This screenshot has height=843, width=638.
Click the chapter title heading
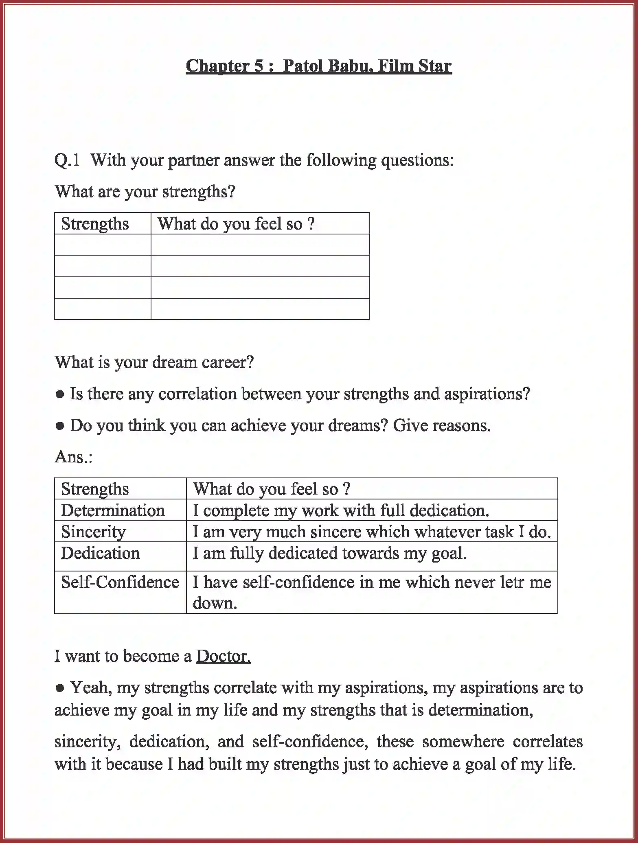pos(318,66)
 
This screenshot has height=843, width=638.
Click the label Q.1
pos(67,160)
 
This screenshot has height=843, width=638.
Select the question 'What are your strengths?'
pos(145,191)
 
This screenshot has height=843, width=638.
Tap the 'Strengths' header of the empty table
pos(94,224)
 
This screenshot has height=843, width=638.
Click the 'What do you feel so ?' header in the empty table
pos(236,224)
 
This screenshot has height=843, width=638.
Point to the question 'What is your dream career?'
pos(154,362)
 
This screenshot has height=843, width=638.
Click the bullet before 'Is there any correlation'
pos(60,394)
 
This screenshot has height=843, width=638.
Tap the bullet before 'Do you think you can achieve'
pos(60,426)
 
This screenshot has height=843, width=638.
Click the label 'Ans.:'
pos(74,457)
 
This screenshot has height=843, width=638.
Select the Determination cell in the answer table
pos(113,510)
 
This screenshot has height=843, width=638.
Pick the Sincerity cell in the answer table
pos(93,532)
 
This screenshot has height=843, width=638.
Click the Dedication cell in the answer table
pos(100,553)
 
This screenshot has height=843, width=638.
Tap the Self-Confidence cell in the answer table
pos(120,582)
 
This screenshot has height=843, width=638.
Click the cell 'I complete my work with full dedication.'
pos(340,510)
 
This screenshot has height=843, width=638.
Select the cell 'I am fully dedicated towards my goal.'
pos(329,553)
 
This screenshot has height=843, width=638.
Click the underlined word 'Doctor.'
pos(223,656)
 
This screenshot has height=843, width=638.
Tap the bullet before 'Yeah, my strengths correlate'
pos(60,688)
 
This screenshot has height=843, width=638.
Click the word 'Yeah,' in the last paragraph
pos(91,688)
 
